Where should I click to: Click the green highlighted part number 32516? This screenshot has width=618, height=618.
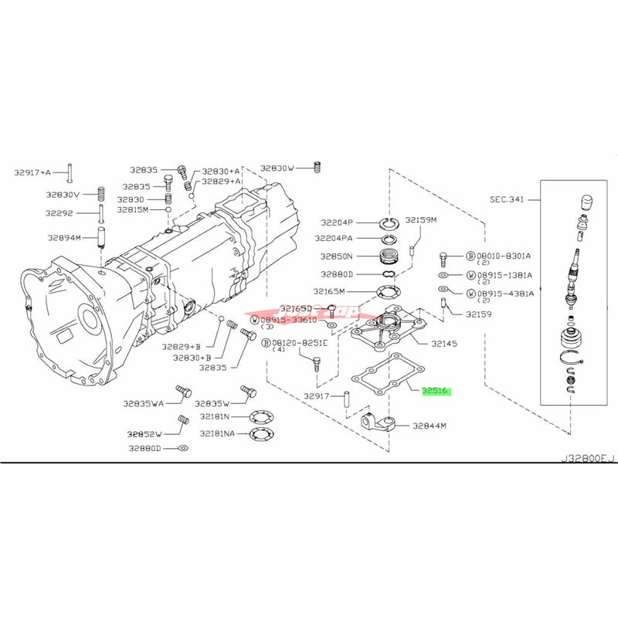point(438,391)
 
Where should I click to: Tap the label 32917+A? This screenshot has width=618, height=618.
point(32,172)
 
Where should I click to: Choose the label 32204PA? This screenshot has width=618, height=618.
point(334,239)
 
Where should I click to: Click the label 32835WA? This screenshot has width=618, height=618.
point(147,403)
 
